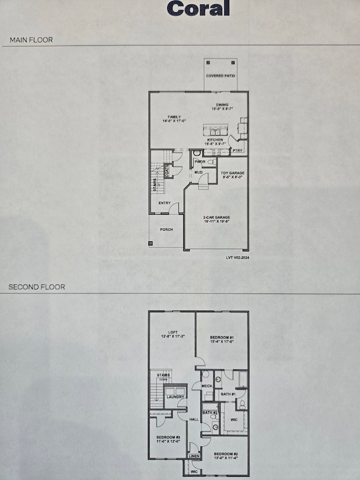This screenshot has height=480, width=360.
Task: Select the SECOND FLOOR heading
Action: coord(37,287)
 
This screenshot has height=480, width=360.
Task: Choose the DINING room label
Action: coord(223,105)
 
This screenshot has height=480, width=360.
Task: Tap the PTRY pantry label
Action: coord(238,150)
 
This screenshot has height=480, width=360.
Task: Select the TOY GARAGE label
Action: coord(233,173)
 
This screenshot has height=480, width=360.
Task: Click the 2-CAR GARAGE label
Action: coord(216,218)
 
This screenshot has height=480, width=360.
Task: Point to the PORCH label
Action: coord(166,229)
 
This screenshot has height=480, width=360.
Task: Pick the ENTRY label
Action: coord(164,203)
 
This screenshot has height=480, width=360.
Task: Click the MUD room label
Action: coord(198,173)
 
